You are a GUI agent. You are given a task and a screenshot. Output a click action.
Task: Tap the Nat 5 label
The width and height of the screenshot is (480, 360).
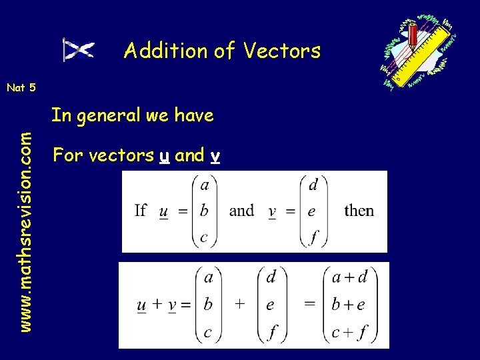point(21,87)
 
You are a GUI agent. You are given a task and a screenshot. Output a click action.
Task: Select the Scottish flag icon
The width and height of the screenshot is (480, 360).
point(79,50)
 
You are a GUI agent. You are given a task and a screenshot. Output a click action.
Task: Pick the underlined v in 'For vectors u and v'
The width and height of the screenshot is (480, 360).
point(215,157)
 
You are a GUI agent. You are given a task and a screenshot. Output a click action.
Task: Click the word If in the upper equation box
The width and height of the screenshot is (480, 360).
point(140,211)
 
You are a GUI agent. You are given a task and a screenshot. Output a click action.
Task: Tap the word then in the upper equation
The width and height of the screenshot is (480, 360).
point(359,211)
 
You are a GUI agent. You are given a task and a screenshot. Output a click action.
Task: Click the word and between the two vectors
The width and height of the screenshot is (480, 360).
point(241,211)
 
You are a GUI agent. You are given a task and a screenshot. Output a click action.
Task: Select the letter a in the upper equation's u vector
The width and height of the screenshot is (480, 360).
point(205,184)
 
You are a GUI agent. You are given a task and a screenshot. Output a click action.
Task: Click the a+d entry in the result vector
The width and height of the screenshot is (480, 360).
point(350,276)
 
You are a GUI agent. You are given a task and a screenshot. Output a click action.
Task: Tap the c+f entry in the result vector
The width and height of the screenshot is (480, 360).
point(349,332)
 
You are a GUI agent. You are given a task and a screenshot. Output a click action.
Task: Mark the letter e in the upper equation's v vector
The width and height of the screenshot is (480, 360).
point(312,211)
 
